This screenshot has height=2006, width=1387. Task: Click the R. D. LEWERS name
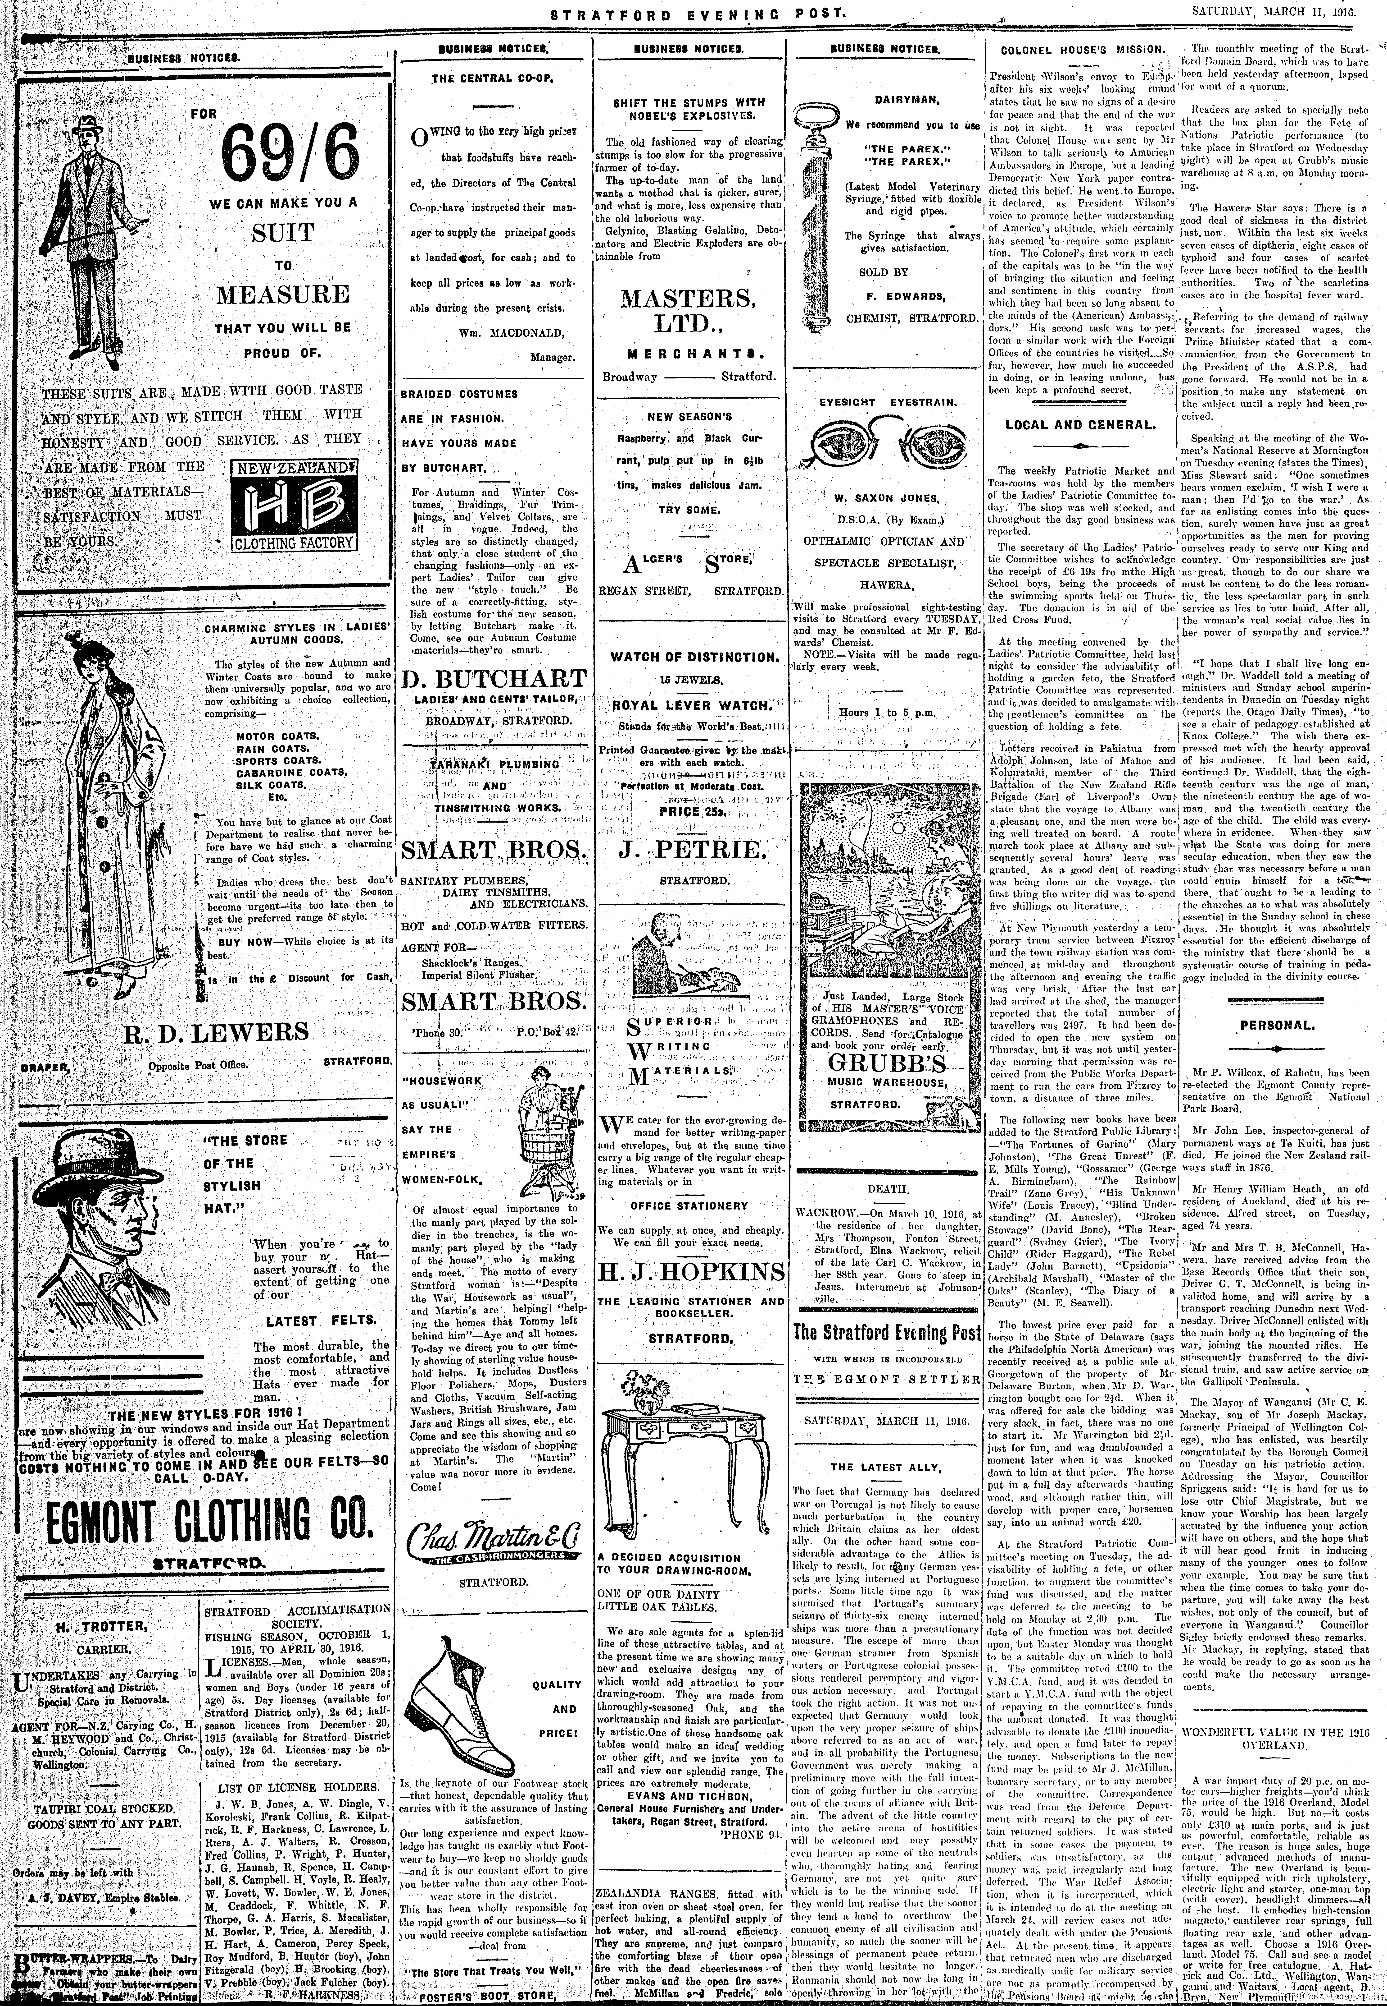point(216,1032)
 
